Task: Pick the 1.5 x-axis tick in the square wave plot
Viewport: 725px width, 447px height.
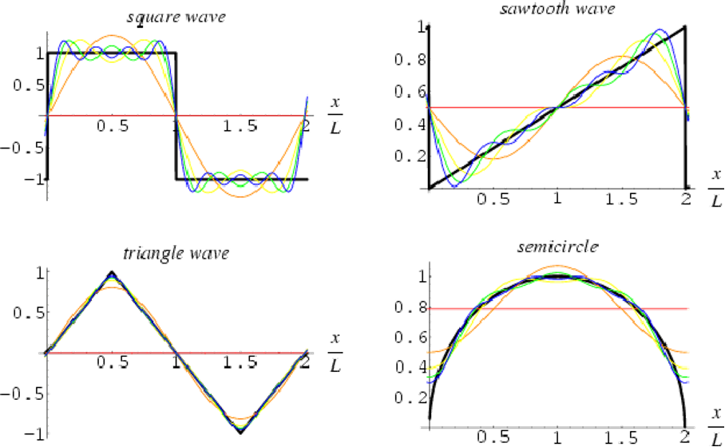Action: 240,125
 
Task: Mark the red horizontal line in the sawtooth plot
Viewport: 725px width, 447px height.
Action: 495,107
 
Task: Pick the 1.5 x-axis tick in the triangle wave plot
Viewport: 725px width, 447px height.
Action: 240,364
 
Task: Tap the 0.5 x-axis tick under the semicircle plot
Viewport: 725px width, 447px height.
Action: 493,436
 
